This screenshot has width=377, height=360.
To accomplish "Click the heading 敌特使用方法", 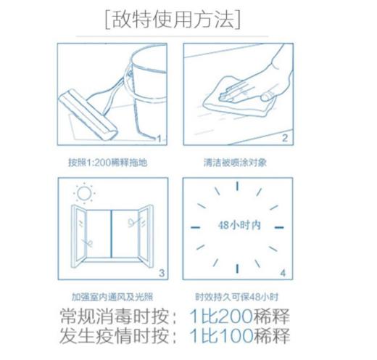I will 172,20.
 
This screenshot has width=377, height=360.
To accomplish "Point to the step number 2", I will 285,138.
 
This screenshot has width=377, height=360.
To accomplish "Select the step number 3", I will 161,274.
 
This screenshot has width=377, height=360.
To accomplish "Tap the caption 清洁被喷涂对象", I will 236,162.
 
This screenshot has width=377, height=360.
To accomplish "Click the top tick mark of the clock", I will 236,187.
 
